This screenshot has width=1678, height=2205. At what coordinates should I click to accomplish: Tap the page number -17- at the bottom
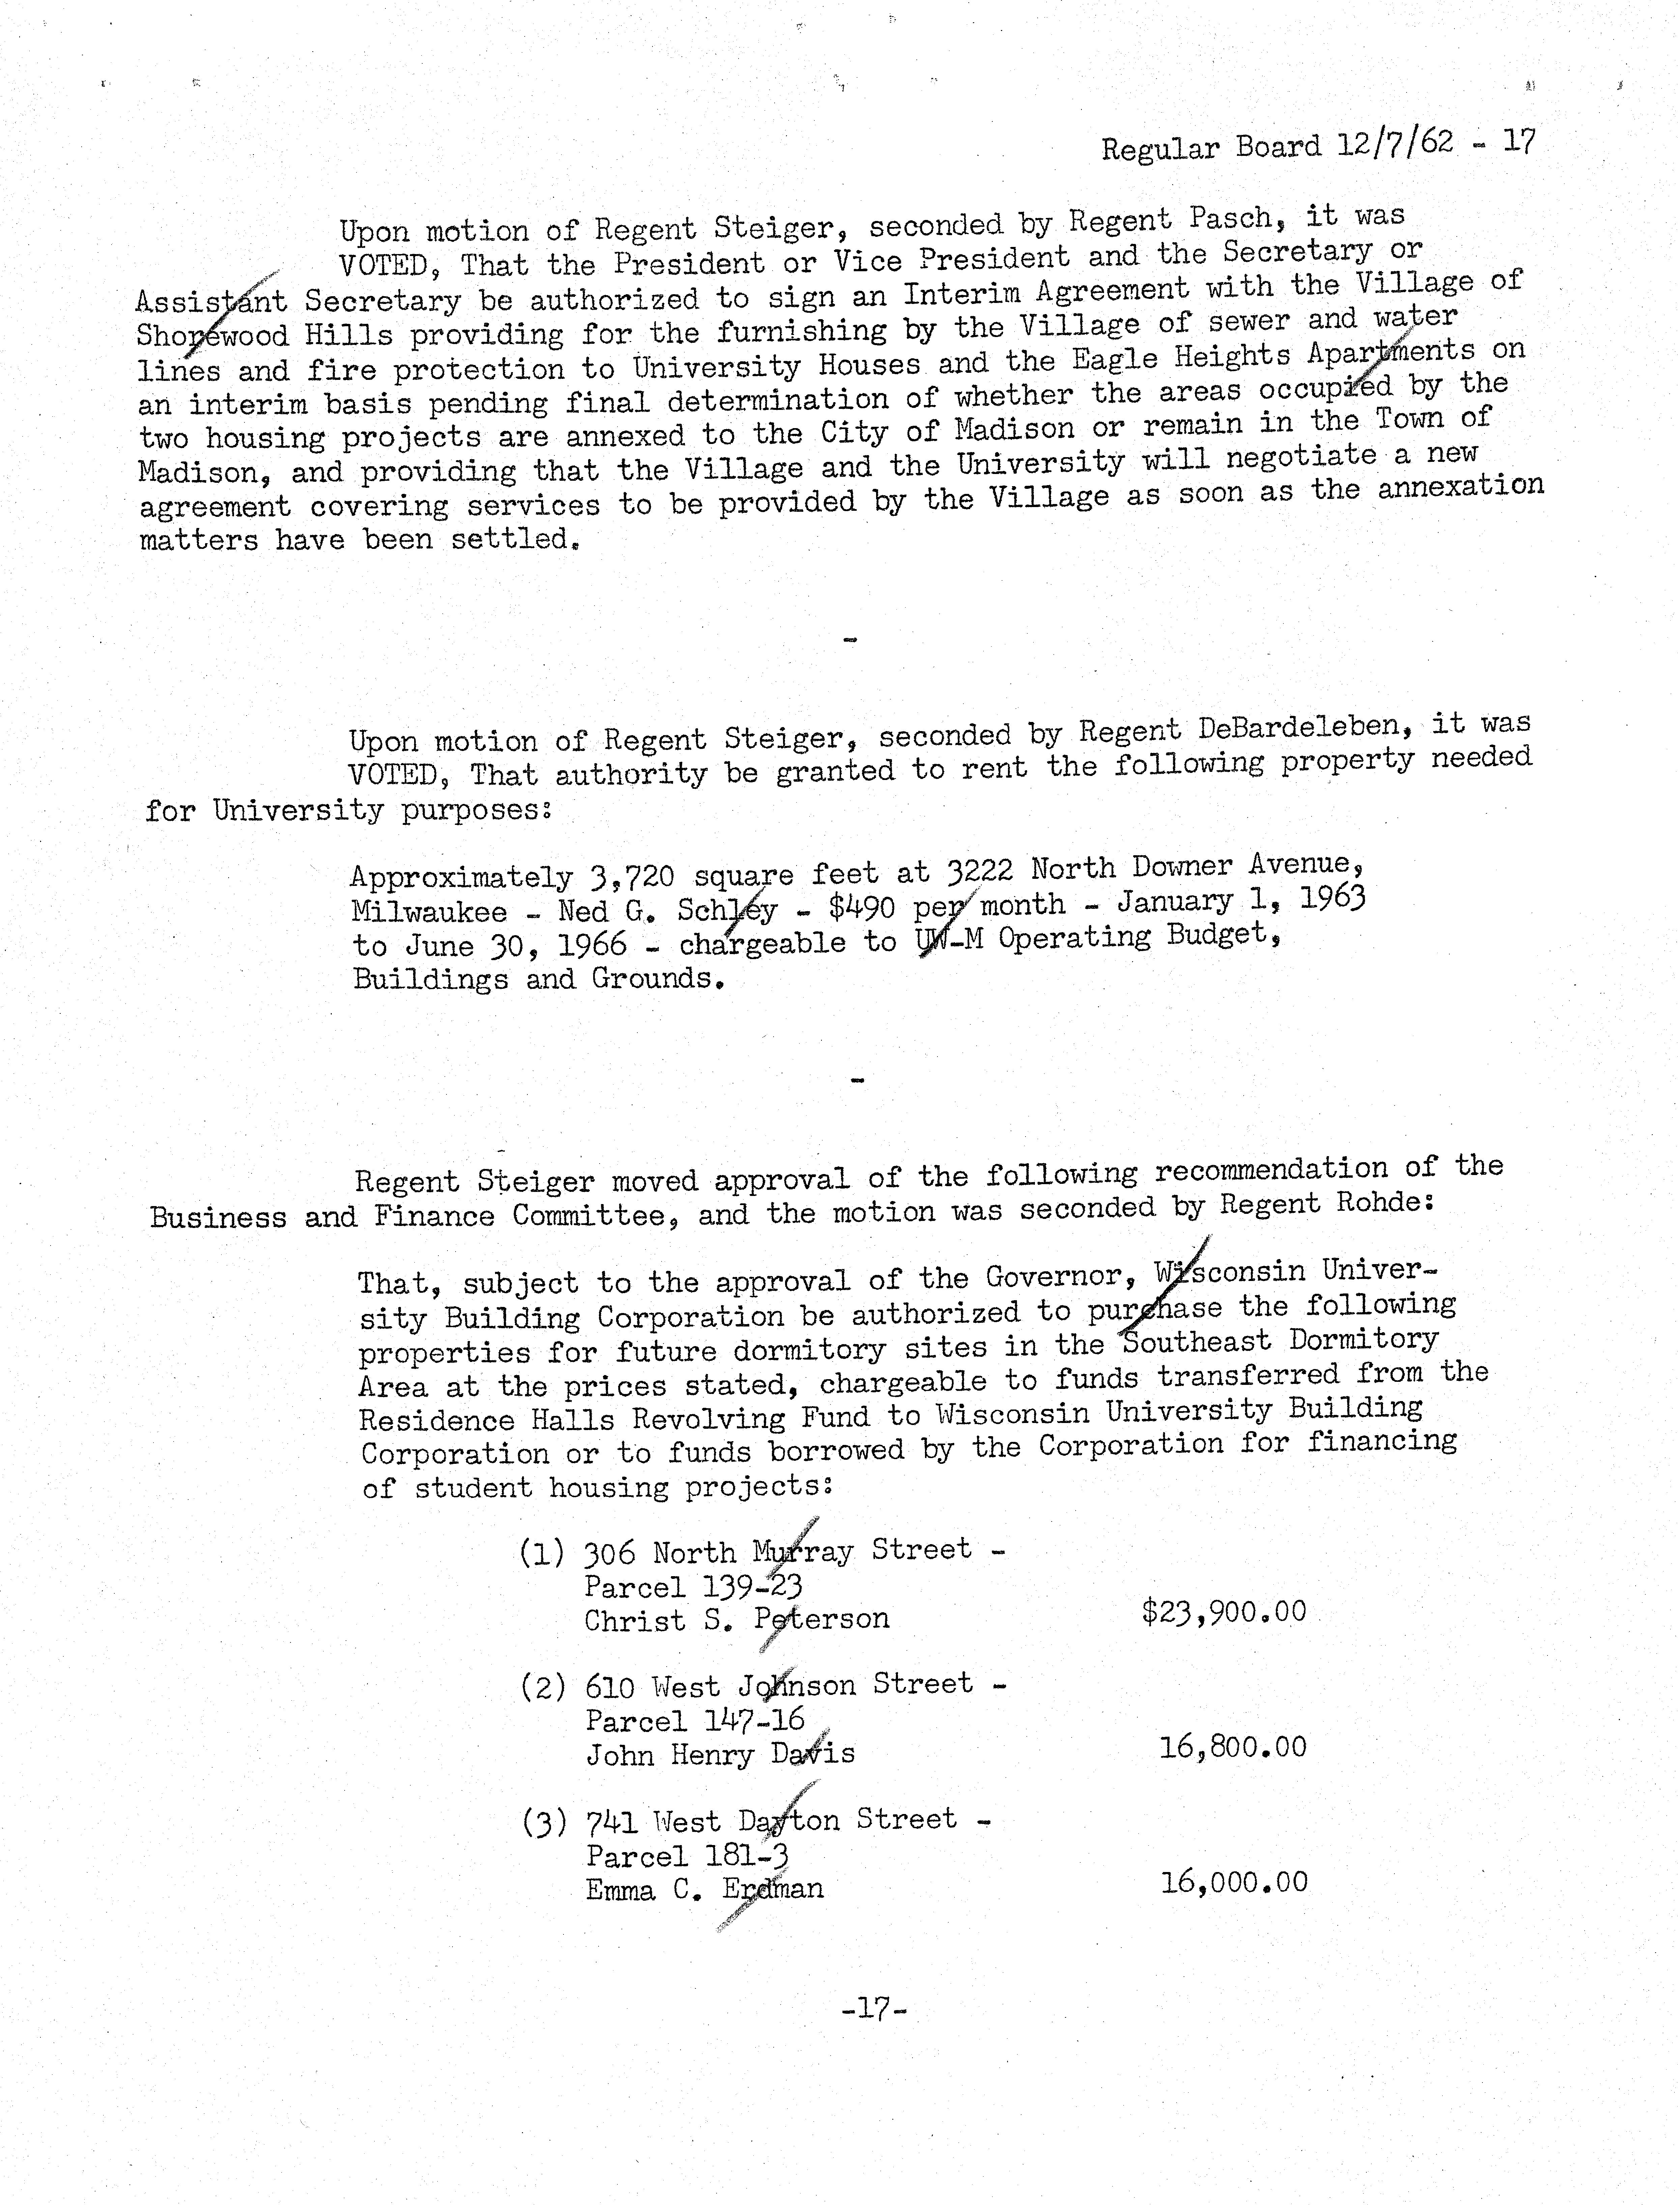pos(874,2008)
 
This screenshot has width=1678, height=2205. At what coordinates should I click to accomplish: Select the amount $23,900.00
pos(1223,1612)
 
